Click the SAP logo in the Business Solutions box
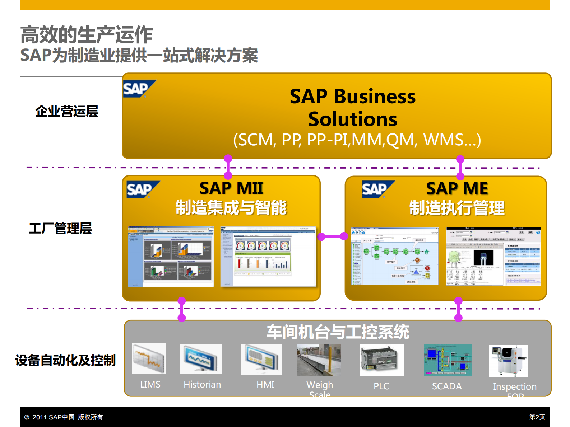tap(138, 89)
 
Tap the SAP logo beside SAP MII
tap(142, 189)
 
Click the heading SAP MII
tap(231, 188)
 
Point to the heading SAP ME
tap(457, 188)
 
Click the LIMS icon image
tap(149, 358)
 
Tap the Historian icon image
tap(201, 359)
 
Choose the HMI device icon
tap(261, 360)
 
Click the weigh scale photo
tap(319, 360)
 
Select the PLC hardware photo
tap(382, 360)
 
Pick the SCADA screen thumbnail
tap(448, 360)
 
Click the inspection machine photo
tap(508, 361)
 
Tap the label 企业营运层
tap(67, 111)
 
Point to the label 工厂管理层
tap(60, 228)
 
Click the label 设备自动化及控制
tap(65, 360)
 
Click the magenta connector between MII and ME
tap(333, 236)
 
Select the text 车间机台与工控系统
tap(338, 332)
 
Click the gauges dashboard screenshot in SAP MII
tap(268, 257)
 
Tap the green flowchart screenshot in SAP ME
tap(394, 256)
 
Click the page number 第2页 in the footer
tap(537, 417)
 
